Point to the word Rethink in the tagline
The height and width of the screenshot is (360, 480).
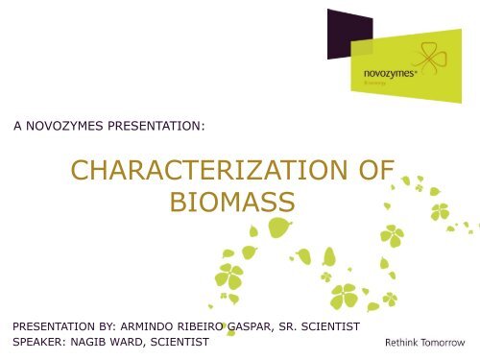point(403,345)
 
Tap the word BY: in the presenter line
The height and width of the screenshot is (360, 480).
point(110,326)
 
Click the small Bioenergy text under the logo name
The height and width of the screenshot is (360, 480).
point(372,84)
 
